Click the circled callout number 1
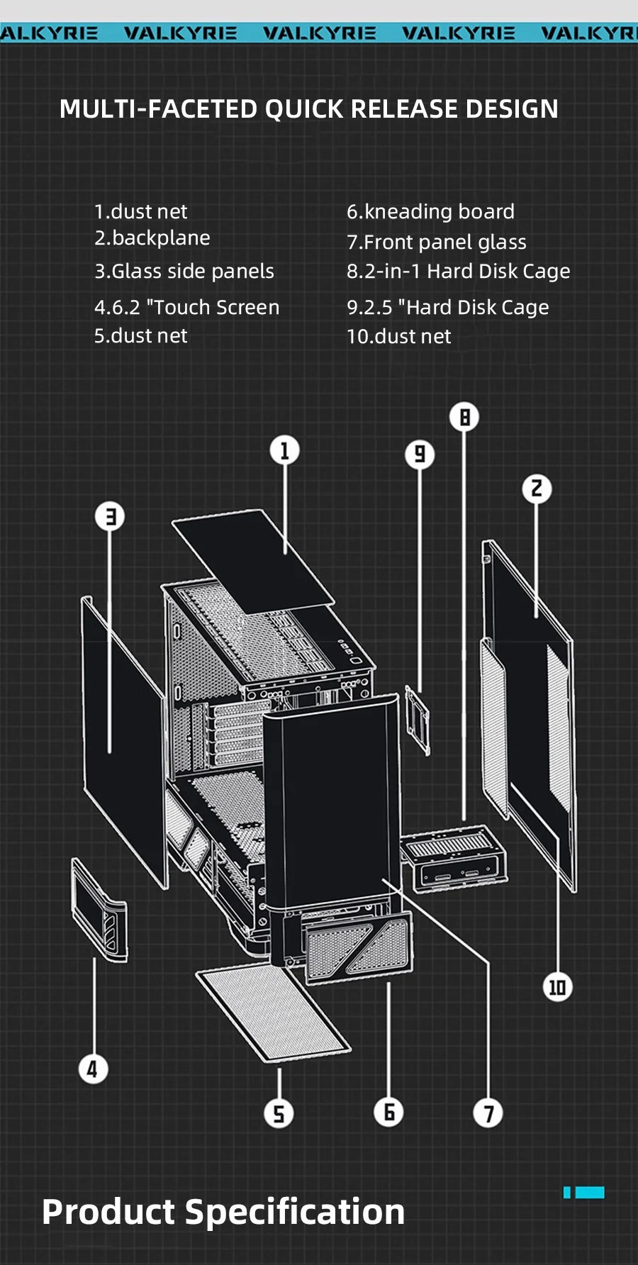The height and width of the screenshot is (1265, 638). click(285, 450)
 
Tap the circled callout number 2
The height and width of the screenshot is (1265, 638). click(537, 489)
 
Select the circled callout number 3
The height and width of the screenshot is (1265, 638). click(110, 516)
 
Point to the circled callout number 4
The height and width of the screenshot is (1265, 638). click(93, 1069)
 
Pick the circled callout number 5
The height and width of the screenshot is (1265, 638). click(279, 1113)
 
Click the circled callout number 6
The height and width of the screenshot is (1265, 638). click(388, 1112)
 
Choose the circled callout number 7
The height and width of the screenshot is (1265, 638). click(488, 1113)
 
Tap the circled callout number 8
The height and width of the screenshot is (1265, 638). click(464, 417)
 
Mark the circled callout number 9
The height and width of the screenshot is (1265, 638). click(420, 454)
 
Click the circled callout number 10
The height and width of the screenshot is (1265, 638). click(557, 987)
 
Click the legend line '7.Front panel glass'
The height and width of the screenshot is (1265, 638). click(436, 242)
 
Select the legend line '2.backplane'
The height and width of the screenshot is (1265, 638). click(152, 238)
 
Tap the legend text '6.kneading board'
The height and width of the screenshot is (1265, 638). click(430, 211)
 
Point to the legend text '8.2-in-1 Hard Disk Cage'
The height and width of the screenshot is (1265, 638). click(458, 271)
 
